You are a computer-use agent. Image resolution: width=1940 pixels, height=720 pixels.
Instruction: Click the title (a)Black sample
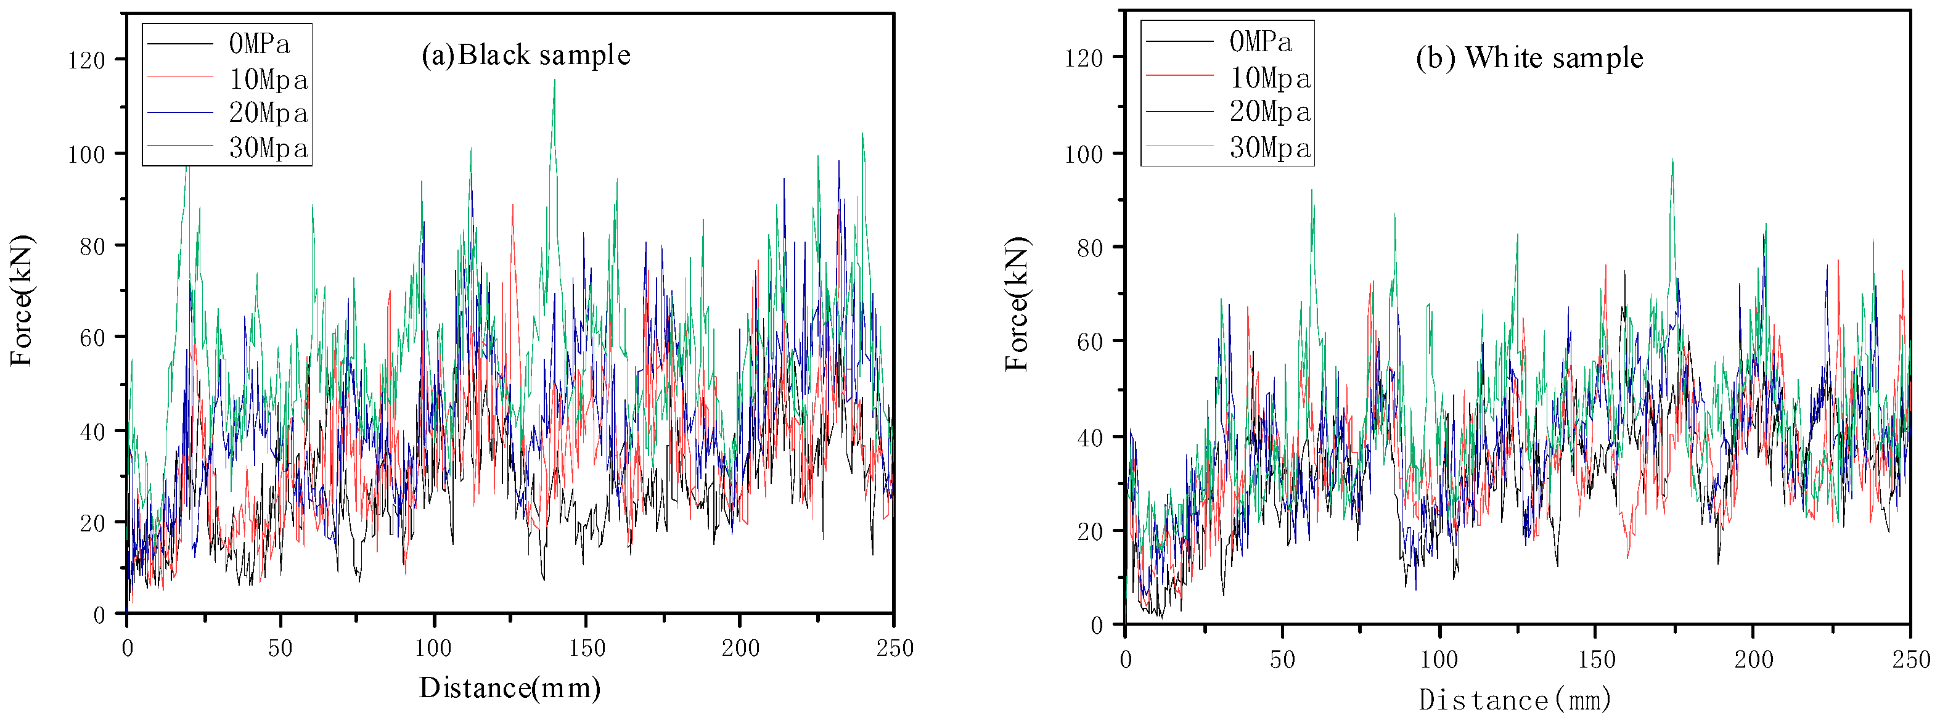tap(526, 55)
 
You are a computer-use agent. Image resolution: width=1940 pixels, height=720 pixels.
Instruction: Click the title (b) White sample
tap(1529, 58)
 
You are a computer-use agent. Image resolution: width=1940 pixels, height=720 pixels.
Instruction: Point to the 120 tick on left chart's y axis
tap(86, 60)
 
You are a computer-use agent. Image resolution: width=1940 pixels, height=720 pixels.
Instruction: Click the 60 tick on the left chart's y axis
tap(92, 337)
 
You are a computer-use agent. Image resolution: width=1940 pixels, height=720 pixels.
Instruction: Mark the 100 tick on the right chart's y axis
tap(1083, 154)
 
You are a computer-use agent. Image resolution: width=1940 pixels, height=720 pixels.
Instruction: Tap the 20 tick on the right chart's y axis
tap(1089, 532)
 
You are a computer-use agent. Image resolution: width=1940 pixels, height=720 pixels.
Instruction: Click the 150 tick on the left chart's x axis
tap(587, 648)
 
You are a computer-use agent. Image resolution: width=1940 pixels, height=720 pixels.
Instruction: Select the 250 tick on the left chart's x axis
tap(894, 648)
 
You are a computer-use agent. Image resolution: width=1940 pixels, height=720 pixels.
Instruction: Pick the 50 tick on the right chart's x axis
tap(1282, 660)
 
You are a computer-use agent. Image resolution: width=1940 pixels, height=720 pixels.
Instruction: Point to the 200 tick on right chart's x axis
tap(1753, 660)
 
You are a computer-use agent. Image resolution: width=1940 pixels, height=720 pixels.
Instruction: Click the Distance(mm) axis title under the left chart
tap(510, 687)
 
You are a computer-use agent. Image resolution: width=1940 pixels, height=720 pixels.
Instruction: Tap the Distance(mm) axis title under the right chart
tap(1515, 700)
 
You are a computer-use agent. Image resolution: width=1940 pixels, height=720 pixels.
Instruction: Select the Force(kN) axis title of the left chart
tap(22, 301)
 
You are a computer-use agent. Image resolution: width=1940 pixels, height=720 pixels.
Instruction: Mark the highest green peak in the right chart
tap(1672, 160)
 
